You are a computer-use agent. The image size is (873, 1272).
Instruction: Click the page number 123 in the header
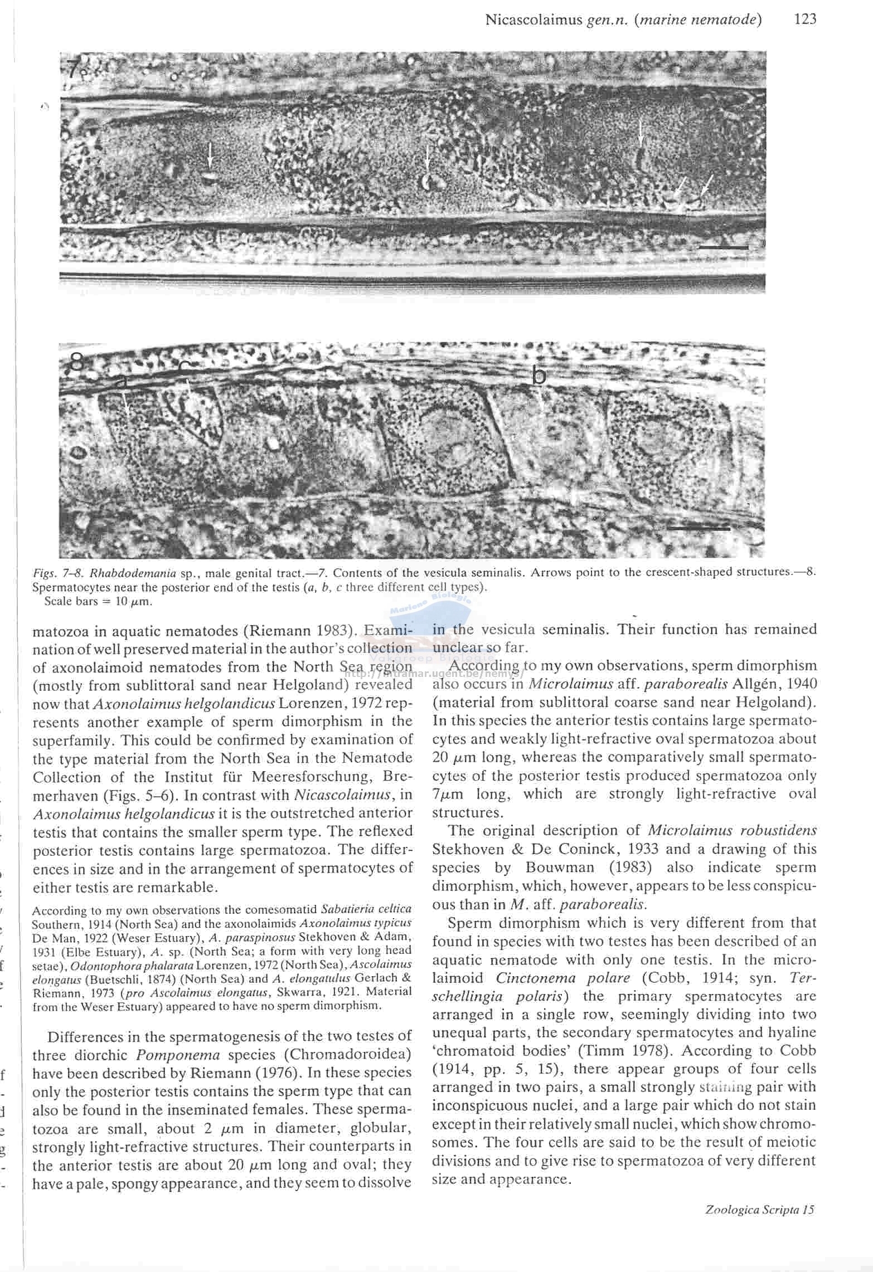coord(805,20)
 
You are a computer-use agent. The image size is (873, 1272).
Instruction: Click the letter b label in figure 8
coord(539,376)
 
